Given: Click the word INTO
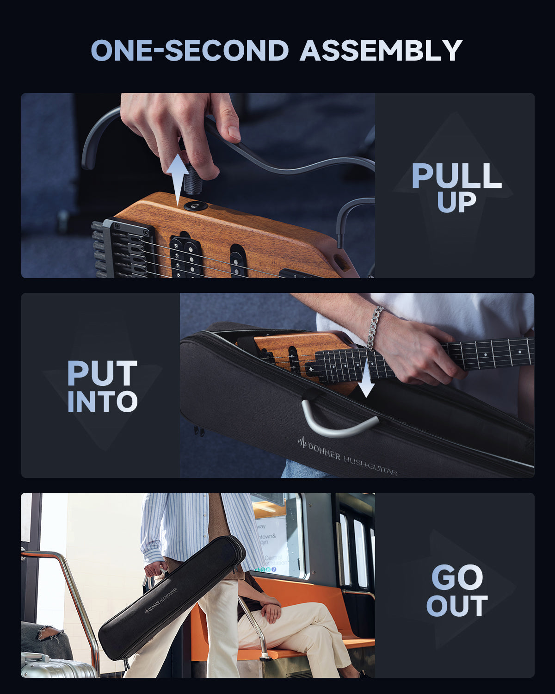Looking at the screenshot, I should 102,402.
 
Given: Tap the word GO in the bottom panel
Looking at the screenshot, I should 457,577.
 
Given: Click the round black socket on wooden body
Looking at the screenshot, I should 195,205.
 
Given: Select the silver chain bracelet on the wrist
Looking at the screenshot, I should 376,327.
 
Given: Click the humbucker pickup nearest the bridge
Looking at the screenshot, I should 185,257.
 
